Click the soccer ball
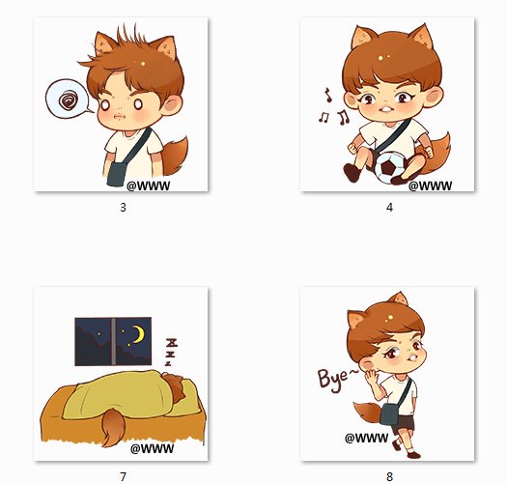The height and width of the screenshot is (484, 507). click(x=389, y=167)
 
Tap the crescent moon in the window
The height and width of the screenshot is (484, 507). click(x=140, y=335)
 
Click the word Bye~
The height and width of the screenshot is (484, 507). click(x=338, y=379)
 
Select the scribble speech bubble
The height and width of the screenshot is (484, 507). click(x=69, y=99)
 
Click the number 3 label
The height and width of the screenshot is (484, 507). click(x=123, y=208)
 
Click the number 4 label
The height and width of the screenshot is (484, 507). click(x=389, y=208)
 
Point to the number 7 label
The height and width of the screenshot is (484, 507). click(x=123, y=476)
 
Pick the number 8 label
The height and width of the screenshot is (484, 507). click(x=389, y=476)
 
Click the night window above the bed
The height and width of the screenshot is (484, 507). click(x=113, y=341)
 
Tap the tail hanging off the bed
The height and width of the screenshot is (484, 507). click(x=111, y=427)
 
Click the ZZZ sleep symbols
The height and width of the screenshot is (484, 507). click(x=171, y=352)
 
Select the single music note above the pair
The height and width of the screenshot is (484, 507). click(x=328, y=95)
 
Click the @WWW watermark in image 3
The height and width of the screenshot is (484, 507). click(x=148, y=185)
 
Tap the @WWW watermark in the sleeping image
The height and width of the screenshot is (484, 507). click(x=152, y=448)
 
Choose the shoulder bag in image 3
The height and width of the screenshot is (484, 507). click(x=116, y=174)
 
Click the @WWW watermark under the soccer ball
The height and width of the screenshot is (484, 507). click(x=430, y=185)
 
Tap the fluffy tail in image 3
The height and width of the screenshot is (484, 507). click(x=175, y=156)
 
